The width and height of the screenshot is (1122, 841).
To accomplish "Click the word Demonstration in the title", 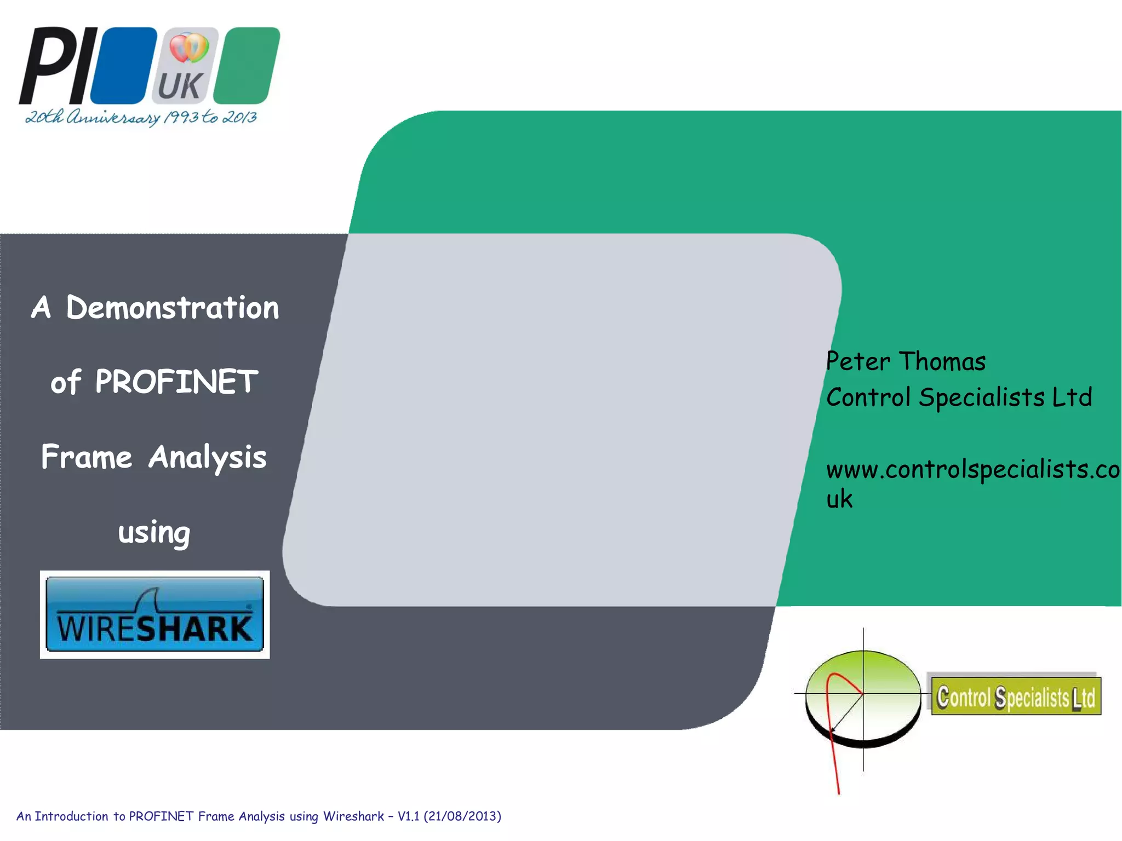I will tap(172, 308).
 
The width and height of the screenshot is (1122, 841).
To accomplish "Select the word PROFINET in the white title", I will tap(176, 382).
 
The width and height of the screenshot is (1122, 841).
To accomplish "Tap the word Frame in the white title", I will tap(87, 457).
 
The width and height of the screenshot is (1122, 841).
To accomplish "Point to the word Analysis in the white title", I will tap(207, 457).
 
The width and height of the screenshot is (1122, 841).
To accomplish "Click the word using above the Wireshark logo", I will tap(154, 532).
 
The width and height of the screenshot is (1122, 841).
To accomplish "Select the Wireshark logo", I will tap(154, 614).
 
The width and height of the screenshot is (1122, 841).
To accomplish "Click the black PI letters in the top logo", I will tap(58, 66).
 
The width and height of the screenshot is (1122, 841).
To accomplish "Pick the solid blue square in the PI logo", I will tap(124, 66).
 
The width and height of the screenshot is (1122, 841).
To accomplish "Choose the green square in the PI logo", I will tap(247, 66).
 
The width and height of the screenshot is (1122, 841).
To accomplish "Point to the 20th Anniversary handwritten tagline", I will tap(141, 117).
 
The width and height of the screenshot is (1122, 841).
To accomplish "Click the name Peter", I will tap(858, 362).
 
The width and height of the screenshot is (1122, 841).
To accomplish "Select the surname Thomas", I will tap(942, 362).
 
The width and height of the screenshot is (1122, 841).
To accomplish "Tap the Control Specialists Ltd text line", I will tap(959, 398).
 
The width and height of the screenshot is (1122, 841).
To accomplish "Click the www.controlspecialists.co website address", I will tap(973, 470).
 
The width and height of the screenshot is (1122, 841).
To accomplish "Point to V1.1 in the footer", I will tap(408, 816).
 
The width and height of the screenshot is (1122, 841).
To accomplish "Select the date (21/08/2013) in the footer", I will tap(462, 816).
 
